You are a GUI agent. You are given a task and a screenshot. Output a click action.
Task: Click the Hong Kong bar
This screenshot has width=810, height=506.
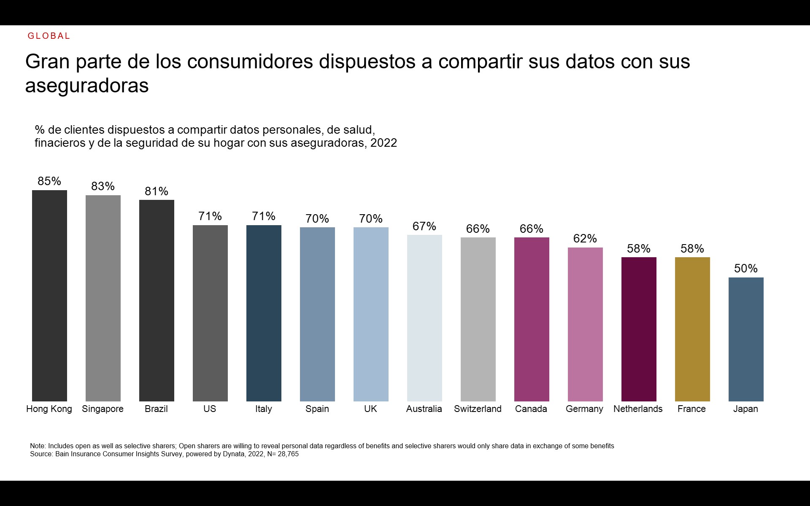point(49,295)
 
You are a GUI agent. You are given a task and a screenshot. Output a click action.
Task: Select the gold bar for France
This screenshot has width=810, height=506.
point(692,329)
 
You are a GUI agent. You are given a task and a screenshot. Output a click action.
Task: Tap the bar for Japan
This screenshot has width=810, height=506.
point(746,339)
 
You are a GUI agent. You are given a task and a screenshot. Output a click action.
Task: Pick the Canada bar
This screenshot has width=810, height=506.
point(532,319)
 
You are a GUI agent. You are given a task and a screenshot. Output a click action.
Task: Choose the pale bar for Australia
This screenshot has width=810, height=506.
point(424,318)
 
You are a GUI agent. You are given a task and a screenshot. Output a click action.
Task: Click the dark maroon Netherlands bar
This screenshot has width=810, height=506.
point(639,329)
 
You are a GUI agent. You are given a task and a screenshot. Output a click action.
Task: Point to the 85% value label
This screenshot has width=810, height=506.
point(49,181)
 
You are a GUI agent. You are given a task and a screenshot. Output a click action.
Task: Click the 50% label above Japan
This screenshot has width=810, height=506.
point(746,269)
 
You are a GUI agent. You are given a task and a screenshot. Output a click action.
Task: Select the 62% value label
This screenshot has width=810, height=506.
point(585,239)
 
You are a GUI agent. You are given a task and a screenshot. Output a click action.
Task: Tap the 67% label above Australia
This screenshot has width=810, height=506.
point(424,226)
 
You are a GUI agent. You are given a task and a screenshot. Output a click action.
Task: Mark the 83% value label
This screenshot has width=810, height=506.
point(103,186)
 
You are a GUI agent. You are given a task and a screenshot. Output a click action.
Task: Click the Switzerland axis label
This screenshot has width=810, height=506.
point(478,409)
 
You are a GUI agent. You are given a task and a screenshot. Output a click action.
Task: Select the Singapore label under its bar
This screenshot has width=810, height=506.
point(103,409)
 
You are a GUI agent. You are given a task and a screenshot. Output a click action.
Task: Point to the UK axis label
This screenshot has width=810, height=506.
point(370,409)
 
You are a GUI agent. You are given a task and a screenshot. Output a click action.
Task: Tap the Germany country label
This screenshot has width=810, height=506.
point(584,409)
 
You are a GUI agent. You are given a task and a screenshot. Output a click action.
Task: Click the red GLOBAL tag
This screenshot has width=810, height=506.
point(49,36)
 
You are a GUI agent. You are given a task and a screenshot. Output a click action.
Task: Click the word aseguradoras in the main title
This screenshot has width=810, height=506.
point(87,86)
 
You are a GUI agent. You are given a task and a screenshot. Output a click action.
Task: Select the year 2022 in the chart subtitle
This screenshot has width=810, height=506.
point(383,143)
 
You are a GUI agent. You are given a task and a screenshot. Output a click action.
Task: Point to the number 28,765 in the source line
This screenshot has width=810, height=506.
point(288,454)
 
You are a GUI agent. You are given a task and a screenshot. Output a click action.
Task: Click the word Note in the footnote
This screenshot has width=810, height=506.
point(38,446)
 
